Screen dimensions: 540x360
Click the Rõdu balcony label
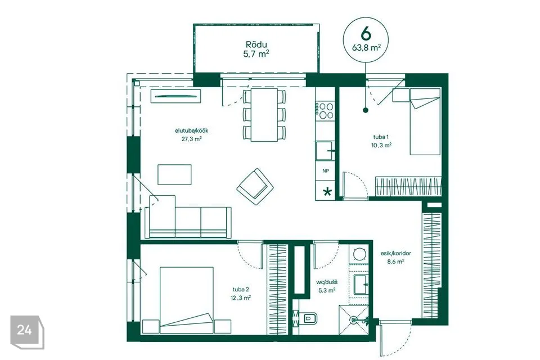click(256, 44)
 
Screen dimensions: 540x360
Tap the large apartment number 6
click(366, 34)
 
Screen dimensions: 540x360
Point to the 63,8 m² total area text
click(366, 48)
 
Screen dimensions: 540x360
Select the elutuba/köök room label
click(191, 131)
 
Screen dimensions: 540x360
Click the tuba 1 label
click(381, 137)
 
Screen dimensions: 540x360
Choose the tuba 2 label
click(240, 290)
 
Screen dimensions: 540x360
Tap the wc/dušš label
click(327, 282)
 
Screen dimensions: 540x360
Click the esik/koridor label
click(395, 253)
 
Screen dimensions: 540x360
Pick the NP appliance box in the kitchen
click(326, 171)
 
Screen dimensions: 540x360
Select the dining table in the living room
click(264, 115)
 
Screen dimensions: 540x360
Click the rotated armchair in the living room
click(255, 186)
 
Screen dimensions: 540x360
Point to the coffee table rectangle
click(174, 175)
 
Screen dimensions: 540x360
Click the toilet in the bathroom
click(307, 319)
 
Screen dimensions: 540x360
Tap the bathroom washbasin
click(361, 285)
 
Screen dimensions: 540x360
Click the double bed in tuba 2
click(186, 300)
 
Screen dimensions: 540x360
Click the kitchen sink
click(325, 151)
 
